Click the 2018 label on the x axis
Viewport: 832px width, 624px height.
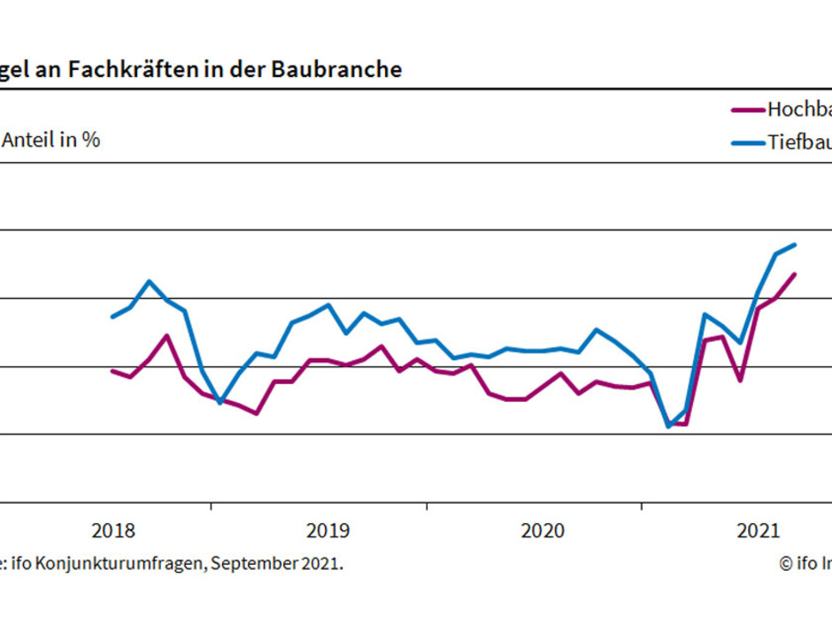[x=113, y=531]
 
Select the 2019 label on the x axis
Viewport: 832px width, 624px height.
[x=328, y=531]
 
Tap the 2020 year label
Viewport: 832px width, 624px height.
[x=543, y=531]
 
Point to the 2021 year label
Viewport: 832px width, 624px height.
[x=759, y=531]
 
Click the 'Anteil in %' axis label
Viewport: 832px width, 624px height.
[x=51, y=140]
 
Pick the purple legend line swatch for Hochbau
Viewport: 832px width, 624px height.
[x=747, y=110]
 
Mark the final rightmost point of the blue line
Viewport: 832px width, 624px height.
[x=795, y=244]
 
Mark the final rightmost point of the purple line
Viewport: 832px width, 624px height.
[x=795, y=274]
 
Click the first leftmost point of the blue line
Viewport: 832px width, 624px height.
[x=112, y=316]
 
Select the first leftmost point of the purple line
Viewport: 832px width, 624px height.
[x=112, y=371]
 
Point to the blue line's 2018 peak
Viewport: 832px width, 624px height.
[x=149, y=281]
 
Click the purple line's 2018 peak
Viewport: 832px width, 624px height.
[x=166, y=335]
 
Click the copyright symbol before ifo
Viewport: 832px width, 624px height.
[x=786, y=564]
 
